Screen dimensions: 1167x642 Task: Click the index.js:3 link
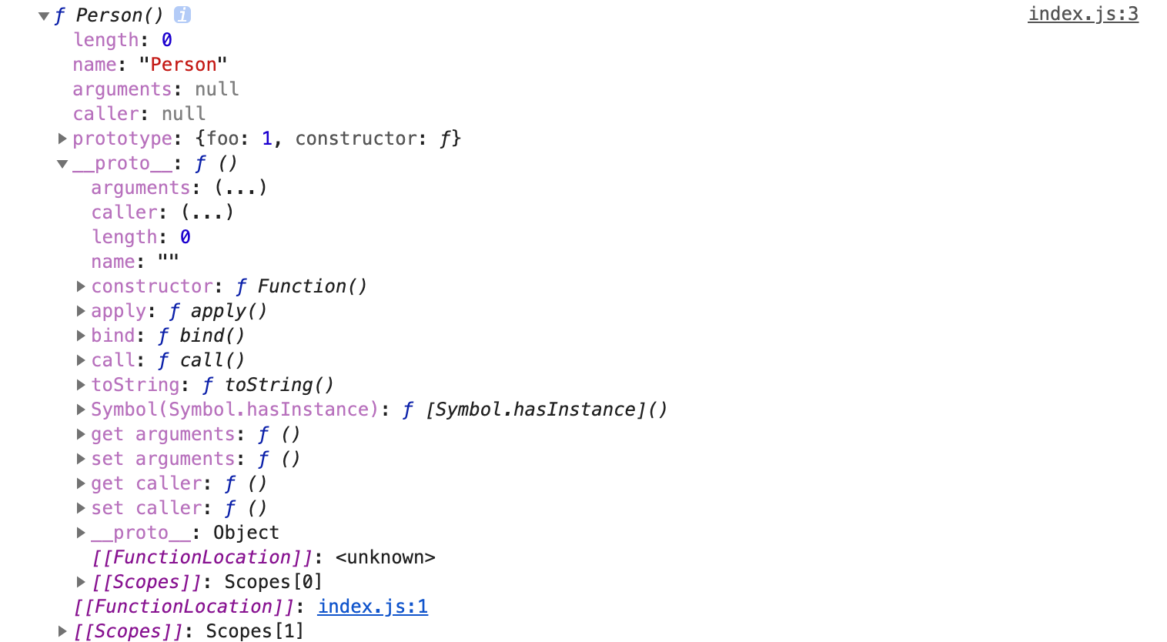1082,15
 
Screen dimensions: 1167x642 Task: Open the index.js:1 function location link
373,607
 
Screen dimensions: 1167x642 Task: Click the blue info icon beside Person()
182,15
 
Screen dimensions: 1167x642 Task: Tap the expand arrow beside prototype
62,139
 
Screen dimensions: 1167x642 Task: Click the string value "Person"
183,65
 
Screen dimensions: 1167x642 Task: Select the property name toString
135,385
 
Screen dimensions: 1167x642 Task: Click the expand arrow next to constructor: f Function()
81,286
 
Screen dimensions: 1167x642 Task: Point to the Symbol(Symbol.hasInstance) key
235,410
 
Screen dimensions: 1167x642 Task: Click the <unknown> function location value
385,557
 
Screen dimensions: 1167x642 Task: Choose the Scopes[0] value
273,582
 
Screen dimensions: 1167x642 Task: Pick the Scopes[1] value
254,631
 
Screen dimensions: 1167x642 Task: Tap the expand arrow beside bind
81,336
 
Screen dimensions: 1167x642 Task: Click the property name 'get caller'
146,483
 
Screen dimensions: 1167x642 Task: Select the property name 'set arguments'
162,459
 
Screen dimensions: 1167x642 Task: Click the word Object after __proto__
246,533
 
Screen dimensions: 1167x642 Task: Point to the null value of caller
183,114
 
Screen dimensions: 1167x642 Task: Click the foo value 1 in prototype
267,139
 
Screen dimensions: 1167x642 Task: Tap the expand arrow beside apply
81,311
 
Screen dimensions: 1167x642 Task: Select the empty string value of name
168,262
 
